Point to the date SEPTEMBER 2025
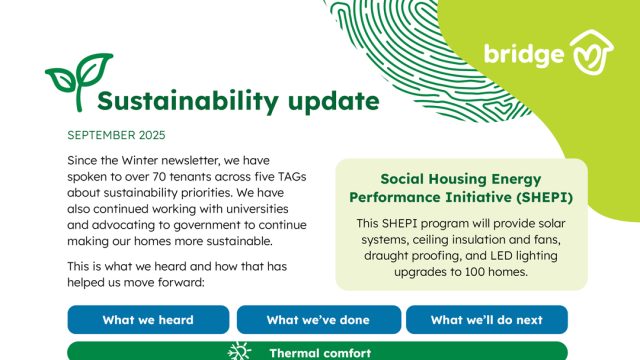point(117,135)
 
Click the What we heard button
point(147,320)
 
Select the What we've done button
point(317,320)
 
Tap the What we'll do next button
point(486,320)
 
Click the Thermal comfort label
point(320,352)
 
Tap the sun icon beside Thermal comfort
point(238,352)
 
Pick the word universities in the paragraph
point(254,208)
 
